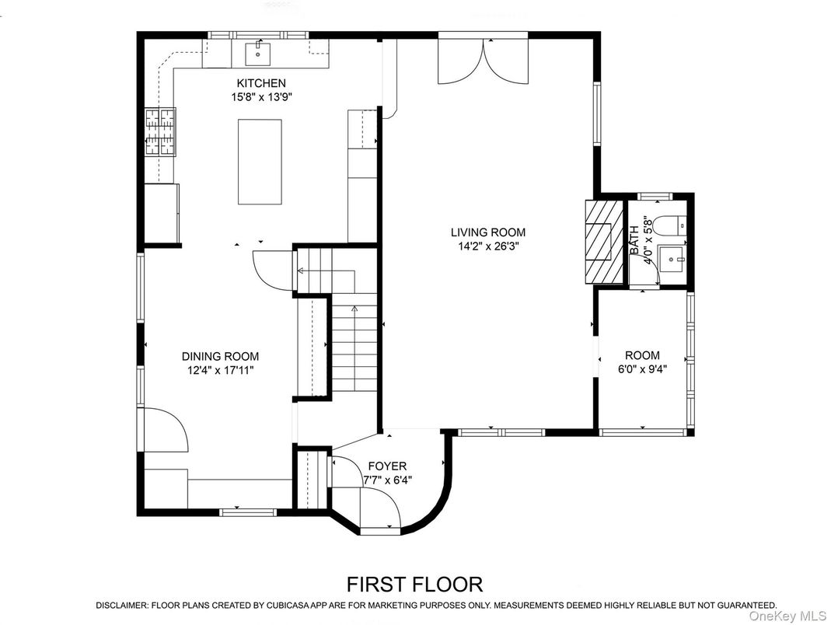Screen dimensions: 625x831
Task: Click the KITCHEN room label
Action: click(261, 83)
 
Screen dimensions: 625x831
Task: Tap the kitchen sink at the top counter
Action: click(257, 54)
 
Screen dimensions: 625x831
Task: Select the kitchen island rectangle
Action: click(260, 161)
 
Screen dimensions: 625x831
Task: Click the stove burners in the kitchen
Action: click(159, 130)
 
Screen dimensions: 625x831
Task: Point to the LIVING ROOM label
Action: click(488, 232)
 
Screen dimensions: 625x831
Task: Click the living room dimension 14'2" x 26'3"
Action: click(488, 246)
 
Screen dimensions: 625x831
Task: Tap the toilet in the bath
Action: click(668, 225)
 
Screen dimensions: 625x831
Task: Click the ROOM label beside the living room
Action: click(642, 355)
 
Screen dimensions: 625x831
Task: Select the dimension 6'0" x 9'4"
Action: click(642, 369)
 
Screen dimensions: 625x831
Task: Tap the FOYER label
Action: click(387, 466)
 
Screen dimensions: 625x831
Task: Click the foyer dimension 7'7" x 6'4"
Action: click(387, 480)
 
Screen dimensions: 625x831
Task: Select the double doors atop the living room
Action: click(484, 60)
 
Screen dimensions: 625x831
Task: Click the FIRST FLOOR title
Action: click(414, 583)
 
